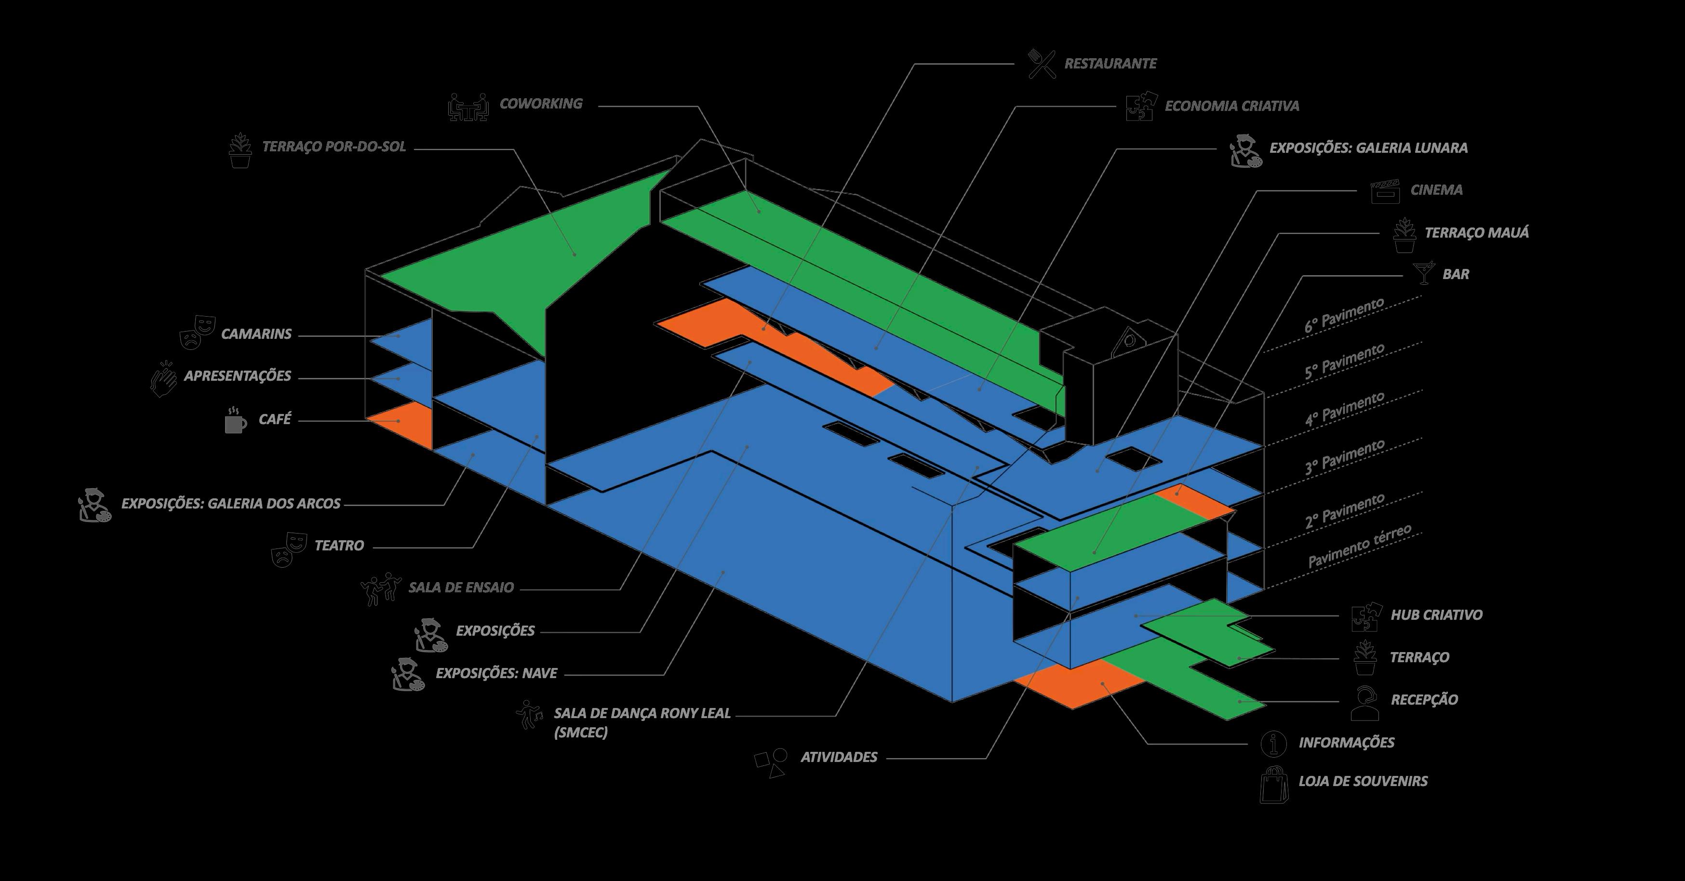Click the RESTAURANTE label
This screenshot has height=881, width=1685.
[1110, 64]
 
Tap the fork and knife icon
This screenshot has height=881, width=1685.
[1042, 64]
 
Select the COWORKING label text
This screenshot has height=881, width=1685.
[540, 103]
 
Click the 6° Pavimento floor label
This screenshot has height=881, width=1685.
[1344, 315]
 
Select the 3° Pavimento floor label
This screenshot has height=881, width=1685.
[1344, 456]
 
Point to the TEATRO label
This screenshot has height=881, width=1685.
[339, 546]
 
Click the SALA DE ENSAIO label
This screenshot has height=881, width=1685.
[461, 587]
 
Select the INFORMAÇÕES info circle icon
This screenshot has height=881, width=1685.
[1273, 743]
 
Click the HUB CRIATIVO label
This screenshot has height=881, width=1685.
[1436, 615]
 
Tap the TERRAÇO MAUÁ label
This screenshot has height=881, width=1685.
[1476, 232]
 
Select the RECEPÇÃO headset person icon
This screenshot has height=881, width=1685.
[1364, 702]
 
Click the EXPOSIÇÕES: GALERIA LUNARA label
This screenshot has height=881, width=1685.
[1368, 148]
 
